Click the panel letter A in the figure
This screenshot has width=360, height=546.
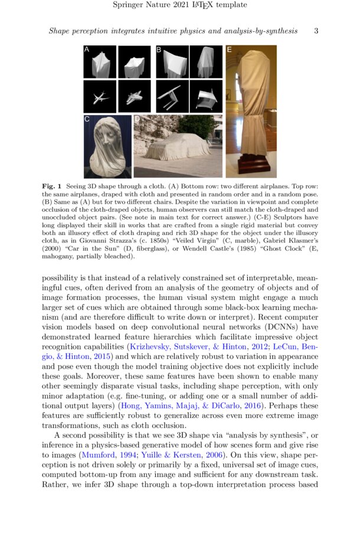coord(87,50)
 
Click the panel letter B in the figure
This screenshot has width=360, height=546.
coord(159,50)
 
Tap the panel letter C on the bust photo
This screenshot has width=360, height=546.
coord(87,120)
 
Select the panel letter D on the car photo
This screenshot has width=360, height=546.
coord(138,120)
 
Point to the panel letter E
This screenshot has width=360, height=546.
coord(230,50)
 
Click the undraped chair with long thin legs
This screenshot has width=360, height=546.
coord(171,94)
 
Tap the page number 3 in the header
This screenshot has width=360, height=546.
coord(316,31)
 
